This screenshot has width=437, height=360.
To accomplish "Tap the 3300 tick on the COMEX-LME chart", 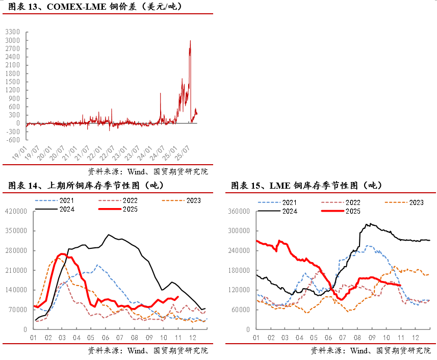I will pos(13,32).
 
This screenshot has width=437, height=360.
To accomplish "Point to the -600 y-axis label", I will pos(13,140).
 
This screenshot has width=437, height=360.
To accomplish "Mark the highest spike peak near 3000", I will pos(190,41).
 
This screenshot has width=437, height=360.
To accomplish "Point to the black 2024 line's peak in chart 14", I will pos(108,235).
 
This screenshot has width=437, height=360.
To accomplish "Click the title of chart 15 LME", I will pos(306,185).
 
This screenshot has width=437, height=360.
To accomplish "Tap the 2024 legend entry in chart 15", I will pos(290,211).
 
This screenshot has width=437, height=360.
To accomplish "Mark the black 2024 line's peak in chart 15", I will pos(370,223).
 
